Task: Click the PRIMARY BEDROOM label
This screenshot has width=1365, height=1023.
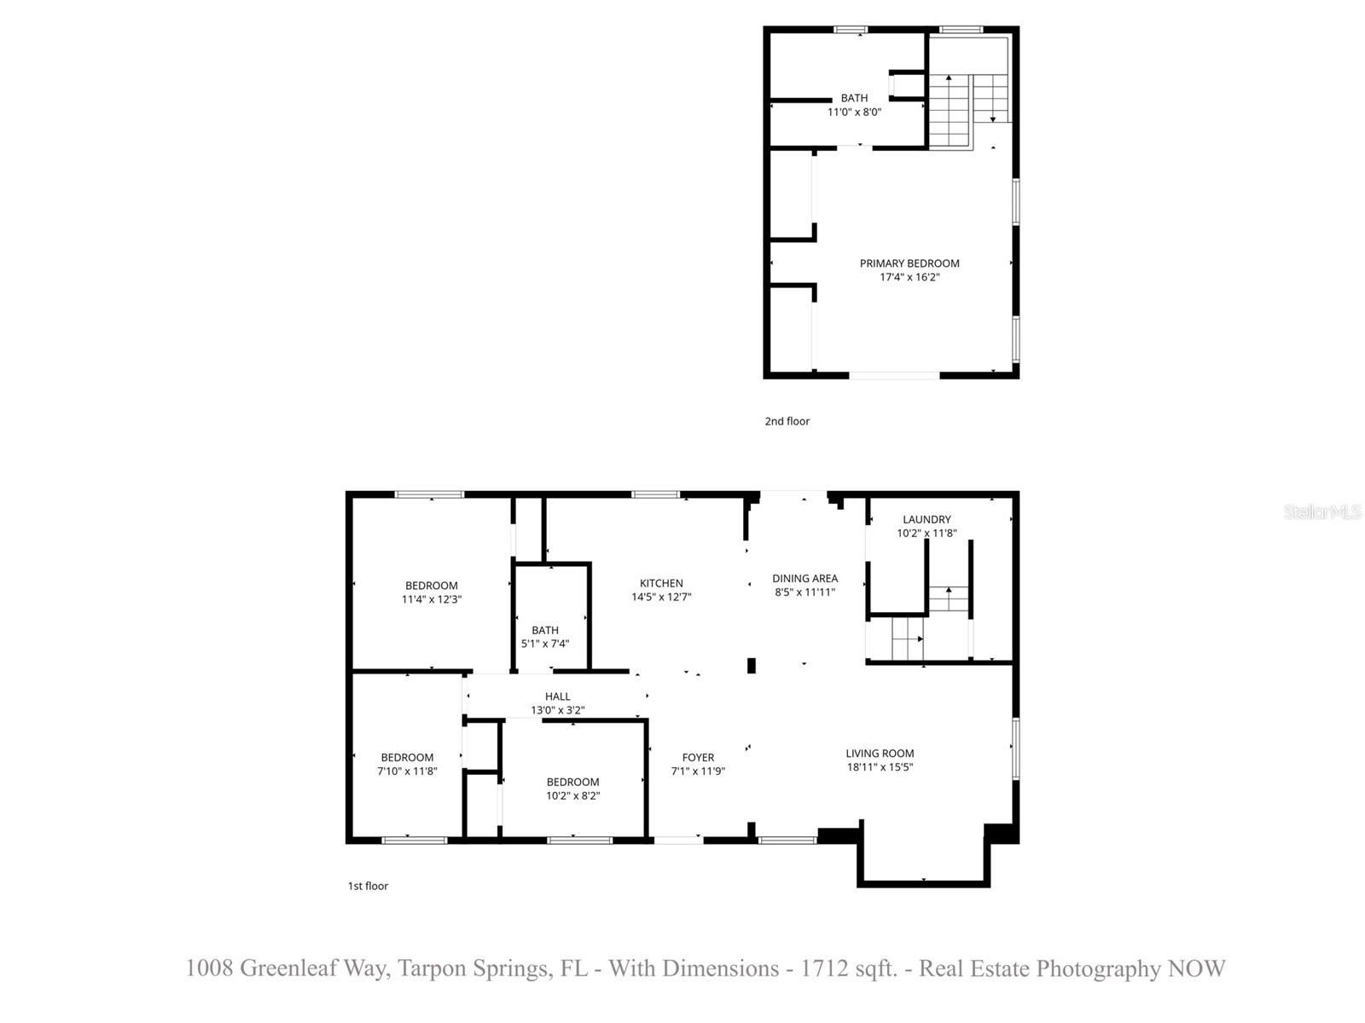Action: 909,263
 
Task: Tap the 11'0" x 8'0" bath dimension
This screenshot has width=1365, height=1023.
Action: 854,112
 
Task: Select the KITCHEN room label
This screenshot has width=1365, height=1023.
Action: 661,583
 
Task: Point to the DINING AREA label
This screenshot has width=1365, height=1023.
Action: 804,578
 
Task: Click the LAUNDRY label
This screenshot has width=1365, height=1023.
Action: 926,519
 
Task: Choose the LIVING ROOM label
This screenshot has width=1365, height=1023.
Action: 880,753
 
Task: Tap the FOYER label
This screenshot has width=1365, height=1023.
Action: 698,757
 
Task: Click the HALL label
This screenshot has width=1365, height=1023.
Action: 557,696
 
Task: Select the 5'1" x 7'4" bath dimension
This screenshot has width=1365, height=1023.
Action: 545,644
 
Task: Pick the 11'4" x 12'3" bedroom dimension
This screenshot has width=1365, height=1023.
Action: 432,599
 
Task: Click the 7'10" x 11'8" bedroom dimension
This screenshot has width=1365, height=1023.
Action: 407,771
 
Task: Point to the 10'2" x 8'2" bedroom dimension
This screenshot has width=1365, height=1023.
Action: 572,795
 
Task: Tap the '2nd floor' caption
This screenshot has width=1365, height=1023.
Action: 787,421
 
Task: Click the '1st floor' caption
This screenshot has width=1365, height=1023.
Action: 368,886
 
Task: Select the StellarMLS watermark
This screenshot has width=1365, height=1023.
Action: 1321,511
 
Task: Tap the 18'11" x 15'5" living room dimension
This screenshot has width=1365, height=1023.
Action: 880,767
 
